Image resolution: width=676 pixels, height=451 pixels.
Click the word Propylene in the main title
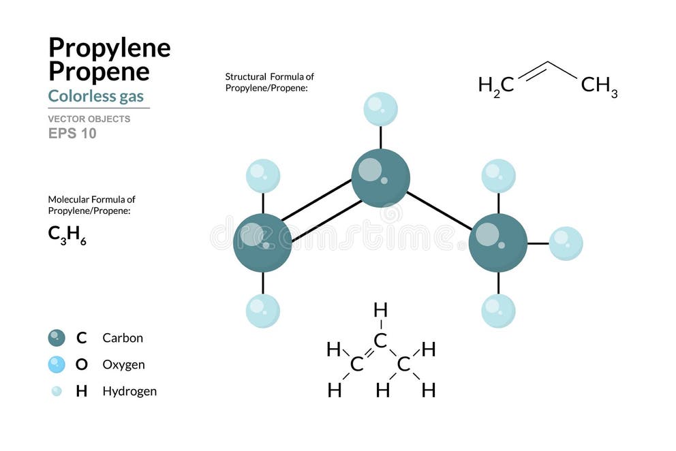point(109,48)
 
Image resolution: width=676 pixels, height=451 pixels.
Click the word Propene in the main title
point(99,72)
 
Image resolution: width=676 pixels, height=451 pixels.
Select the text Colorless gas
point(95,95)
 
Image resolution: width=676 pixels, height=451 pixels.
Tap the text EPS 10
point(72,134)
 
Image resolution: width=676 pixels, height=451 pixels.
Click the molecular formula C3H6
point(67,234)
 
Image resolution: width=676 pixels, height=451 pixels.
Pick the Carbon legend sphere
point(57,337)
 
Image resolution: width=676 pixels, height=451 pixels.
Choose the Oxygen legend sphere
point(57,364)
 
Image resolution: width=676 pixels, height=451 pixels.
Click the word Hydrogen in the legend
point(129,391)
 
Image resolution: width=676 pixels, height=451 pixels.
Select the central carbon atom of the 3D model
point(380,178)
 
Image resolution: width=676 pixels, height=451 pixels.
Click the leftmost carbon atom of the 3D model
point(262,243)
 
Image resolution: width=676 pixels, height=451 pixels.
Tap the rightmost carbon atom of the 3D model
point(498,243)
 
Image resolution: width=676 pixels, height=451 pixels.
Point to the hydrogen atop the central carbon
point(380,109)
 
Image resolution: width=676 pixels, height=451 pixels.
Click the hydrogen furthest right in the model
point(566,243)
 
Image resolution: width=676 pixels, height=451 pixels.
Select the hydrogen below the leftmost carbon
point(263,311)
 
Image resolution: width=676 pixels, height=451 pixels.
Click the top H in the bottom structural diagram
point(380,311)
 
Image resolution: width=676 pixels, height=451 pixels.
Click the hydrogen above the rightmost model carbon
point(498,176)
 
